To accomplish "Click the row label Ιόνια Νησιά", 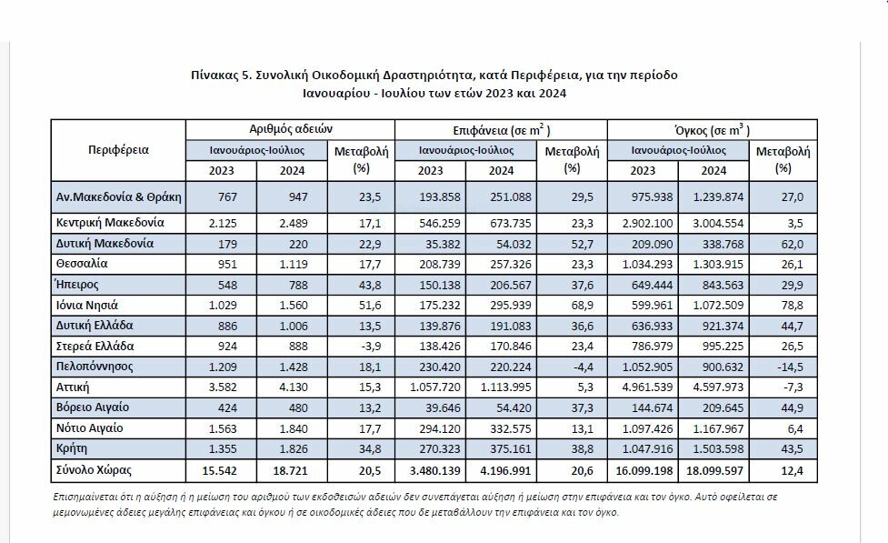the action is (86, 306).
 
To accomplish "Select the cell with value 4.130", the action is (294, 387).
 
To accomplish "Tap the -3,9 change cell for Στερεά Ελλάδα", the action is (370, 347).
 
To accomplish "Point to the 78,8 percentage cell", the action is (792, 306).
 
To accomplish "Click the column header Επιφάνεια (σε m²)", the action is (501, 130).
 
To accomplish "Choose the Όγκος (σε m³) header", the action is (713, 130).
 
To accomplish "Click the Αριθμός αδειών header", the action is (291, 129).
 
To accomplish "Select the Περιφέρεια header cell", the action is (118, 150).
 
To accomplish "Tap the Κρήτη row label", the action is (72, 449).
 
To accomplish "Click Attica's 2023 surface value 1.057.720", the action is (435, 387).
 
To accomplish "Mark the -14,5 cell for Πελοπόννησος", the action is (790, 367).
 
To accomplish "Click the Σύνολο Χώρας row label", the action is (94, 470).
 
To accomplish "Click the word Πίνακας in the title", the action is (215, 75).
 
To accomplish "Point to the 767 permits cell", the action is (227, 197).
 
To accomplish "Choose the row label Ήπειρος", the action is (77, 285).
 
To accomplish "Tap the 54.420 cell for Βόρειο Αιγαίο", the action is (510, 408).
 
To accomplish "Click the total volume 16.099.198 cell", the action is (644, 471).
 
